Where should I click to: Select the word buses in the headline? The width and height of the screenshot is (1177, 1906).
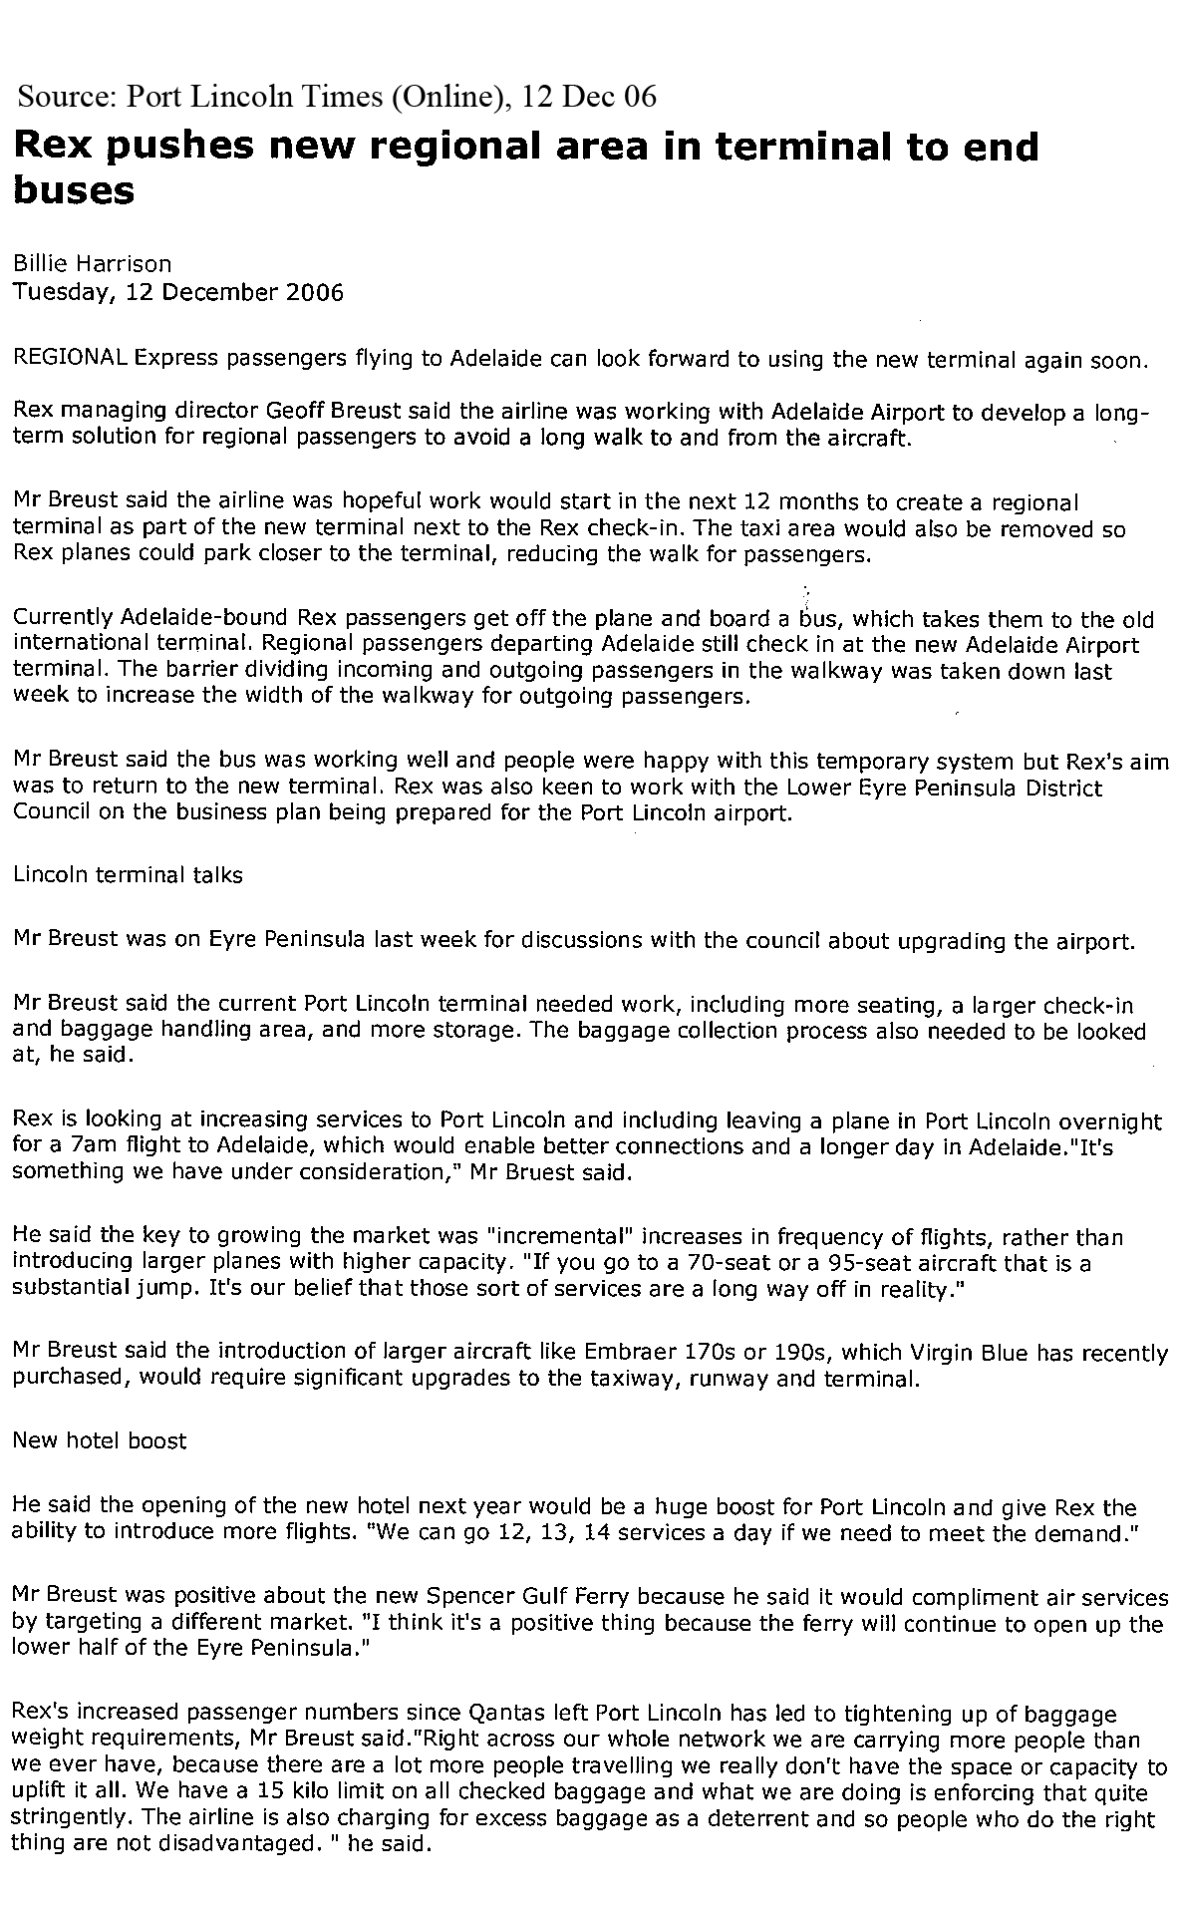(73, 189)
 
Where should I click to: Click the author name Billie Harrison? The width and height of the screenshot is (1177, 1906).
(92, 264)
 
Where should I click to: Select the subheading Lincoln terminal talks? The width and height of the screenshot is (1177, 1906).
(128, 875)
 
